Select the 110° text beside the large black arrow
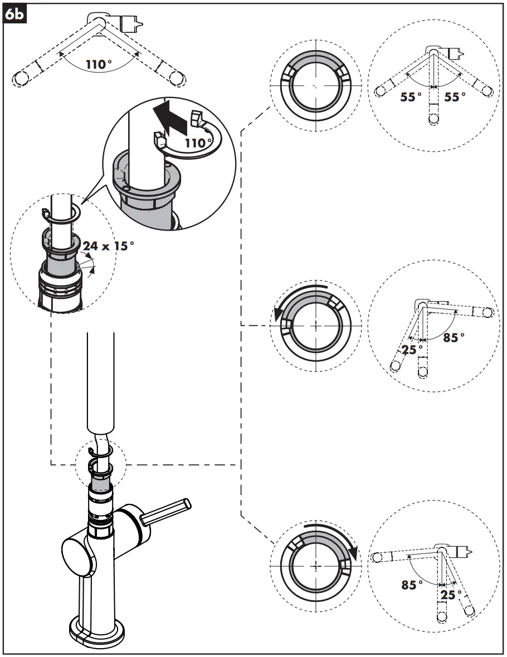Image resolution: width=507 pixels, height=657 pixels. click(199, 143)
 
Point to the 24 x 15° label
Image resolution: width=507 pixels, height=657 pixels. click(108, 246)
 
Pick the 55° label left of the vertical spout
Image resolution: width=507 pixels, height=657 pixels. click(411, 97)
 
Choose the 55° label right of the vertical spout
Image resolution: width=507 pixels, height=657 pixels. click(455, 97)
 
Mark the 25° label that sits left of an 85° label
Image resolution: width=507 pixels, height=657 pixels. click(413, 349)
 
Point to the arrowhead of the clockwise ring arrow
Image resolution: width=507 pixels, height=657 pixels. click(353, 553)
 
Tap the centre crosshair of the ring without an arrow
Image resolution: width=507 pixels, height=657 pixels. click(316, 86)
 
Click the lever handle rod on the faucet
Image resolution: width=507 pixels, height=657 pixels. click(167, 512)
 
